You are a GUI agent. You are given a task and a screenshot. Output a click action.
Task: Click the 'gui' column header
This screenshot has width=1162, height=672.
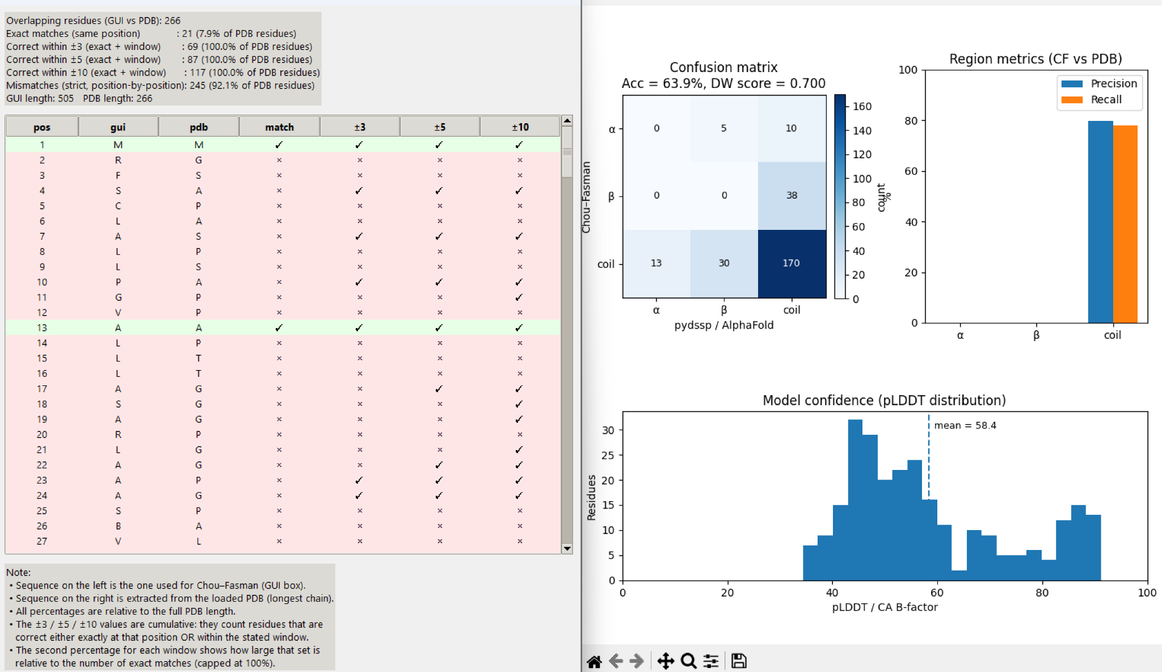(118, 127)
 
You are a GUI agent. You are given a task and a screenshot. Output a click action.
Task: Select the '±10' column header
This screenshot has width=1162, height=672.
(520, 127)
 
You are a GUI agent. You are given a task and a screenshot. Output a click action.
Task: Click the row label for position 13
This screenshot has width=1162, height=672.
(42, 327)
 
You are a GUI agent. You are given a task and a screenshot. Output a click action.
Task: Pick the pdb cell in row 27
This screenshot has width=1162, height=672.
(199, 541)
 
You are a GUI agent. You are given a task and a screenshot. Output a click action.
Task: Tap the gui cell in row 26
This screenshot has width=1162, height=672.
(118, 526)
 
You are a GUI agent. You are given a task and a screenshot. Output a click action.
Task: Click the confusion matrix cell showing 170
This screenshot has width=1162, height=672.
(791, 263)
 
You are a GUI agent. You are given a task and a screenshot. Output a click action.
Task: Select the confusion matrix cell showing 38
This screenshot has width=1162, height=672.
(791, 195)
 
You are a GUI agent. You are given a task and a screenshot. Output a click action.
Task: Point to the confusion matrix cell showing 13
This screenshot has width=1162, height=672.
(656, 263)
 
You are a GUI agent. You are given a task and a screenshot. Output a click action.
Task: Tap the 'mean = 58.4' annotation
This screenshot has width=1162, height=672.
(965, 426)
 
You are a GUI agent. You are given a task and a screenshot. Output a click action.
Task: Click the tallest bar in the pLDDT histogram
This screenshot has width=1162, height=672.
(855, 499)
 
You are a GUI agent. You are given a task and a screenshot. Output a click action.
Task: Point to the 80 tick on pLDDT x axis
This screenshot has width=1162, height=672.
(1042, 593)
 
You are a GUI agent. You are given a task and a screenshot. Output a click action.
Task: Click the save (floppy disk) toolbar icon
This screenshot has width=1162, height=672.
(738, 661)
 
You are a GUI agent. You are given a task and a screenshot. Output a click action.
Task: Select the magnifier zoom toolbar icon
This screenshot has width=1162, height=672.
(688, 661)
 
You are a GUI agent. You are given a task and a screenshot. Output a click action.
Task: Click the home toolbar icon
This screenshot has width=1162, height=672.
(594, 661)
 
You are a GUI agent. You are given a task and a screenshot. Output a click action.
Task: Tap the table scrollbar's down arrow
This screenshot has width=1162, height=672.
(567, 548)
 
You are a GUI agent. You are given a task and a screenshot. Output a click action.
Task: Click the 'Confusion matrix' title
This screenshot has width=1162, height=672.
(723, 67)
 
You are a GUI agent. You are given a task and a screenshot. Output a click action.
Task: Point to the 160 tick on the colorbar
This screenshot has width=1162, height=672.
(862, 106)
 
